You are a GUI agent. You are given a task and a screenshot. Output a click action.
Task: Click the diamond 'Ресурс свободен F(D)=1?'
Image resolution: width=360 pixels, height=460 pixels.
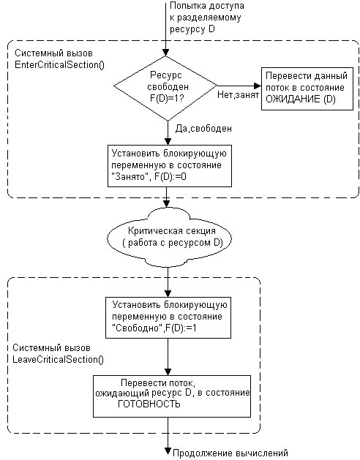tap(165, 88)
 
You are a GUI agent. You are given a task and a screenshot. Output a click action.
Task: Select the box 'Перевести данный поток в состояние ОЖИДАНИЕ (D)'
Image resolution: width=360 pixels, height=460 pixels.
tap(307, 88)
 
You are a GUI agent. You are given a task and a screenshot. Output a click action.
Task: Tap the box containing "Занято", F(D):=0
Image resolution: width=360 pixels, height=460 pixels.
tap(170, 166)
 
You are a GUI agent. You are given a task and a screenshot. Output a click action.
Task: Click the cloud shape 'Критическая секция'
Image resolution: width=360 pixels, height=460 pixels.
tap(170, 237)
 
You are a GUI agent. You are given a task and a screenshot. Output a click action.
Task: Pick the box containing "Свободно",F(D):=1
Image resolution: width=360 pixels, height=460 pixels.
tap(168, 317)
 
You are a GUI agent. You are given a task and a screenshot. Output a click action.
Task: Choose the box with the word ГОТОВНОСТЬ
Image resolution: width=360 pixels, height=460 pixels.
tap(172, 396)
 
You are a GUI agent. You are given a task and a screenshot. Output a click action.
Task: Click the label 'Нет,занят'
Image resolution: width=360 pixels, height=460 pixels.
tap(238, 95)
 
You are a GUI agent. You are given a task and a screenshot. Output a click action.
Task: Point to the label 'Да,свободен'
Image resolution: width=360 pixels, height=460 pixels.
tap(203, 128)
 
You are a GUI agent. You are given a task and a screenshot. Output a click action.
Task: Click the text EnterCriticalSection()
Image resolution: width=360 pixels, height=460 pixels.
tap(59, 65)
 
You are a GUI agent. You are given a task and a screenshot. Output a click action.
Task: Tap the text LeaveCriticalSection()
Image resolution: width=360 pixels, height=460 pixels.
tap(58, 359)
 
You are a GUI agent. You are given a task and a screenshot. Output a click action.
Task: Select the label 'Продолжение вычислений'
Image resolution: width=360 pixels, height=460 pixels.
tap(230, 453)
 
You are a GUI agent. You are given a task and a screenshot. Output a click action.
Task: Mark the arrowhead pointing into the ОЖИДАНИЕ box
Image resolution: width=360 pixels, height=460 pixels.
tap(258, 86)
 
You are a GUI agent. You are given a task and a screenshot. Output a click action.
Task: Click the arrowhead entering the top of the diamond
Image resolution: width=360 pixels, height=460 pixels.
tap(166, 52)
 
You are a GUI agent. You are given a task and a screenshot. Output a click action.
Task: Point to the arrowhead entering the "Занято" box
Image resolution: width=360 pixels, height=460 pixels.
tap(168, 141)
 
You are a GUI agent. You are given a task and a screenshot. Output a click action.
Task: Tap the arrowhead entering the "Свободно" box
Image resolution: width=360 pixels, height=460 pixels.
tap(168, 293)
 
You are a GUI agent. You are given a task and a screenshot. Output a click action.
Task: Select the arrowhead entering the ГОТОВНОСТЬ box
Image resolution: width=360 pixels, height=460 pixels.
tap(168, 372)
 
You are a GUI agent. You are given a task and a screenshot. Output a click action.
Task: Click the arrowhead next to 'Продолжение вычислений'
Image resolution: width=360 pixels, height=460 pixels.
tap(168, 451)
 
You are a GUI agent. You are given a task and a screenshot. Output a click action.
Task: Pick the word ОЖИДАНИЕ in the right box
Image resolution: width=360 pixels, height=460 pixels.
tap(293, 99)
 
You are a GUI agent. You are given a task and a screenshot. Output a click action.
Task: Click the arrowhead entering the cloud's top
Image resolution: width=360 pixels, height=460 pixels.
tap(166, 203)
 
